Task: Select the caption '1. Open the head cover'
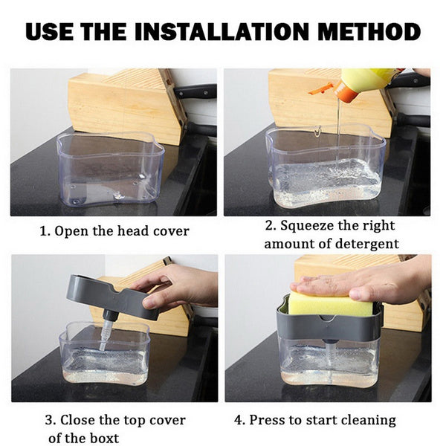(114, 231)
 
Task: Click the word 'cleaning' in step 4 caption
(365, 420)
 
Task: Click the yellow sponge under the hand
(330, 304)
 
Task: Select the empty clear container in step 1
(110, 169)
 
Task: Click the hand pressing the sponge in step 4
(364, 281)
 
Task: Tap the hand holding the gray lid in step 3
(178, 285)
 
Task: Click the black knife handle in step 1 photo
(195, 91)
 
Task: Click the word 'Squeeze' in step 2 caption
(305, 225)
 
